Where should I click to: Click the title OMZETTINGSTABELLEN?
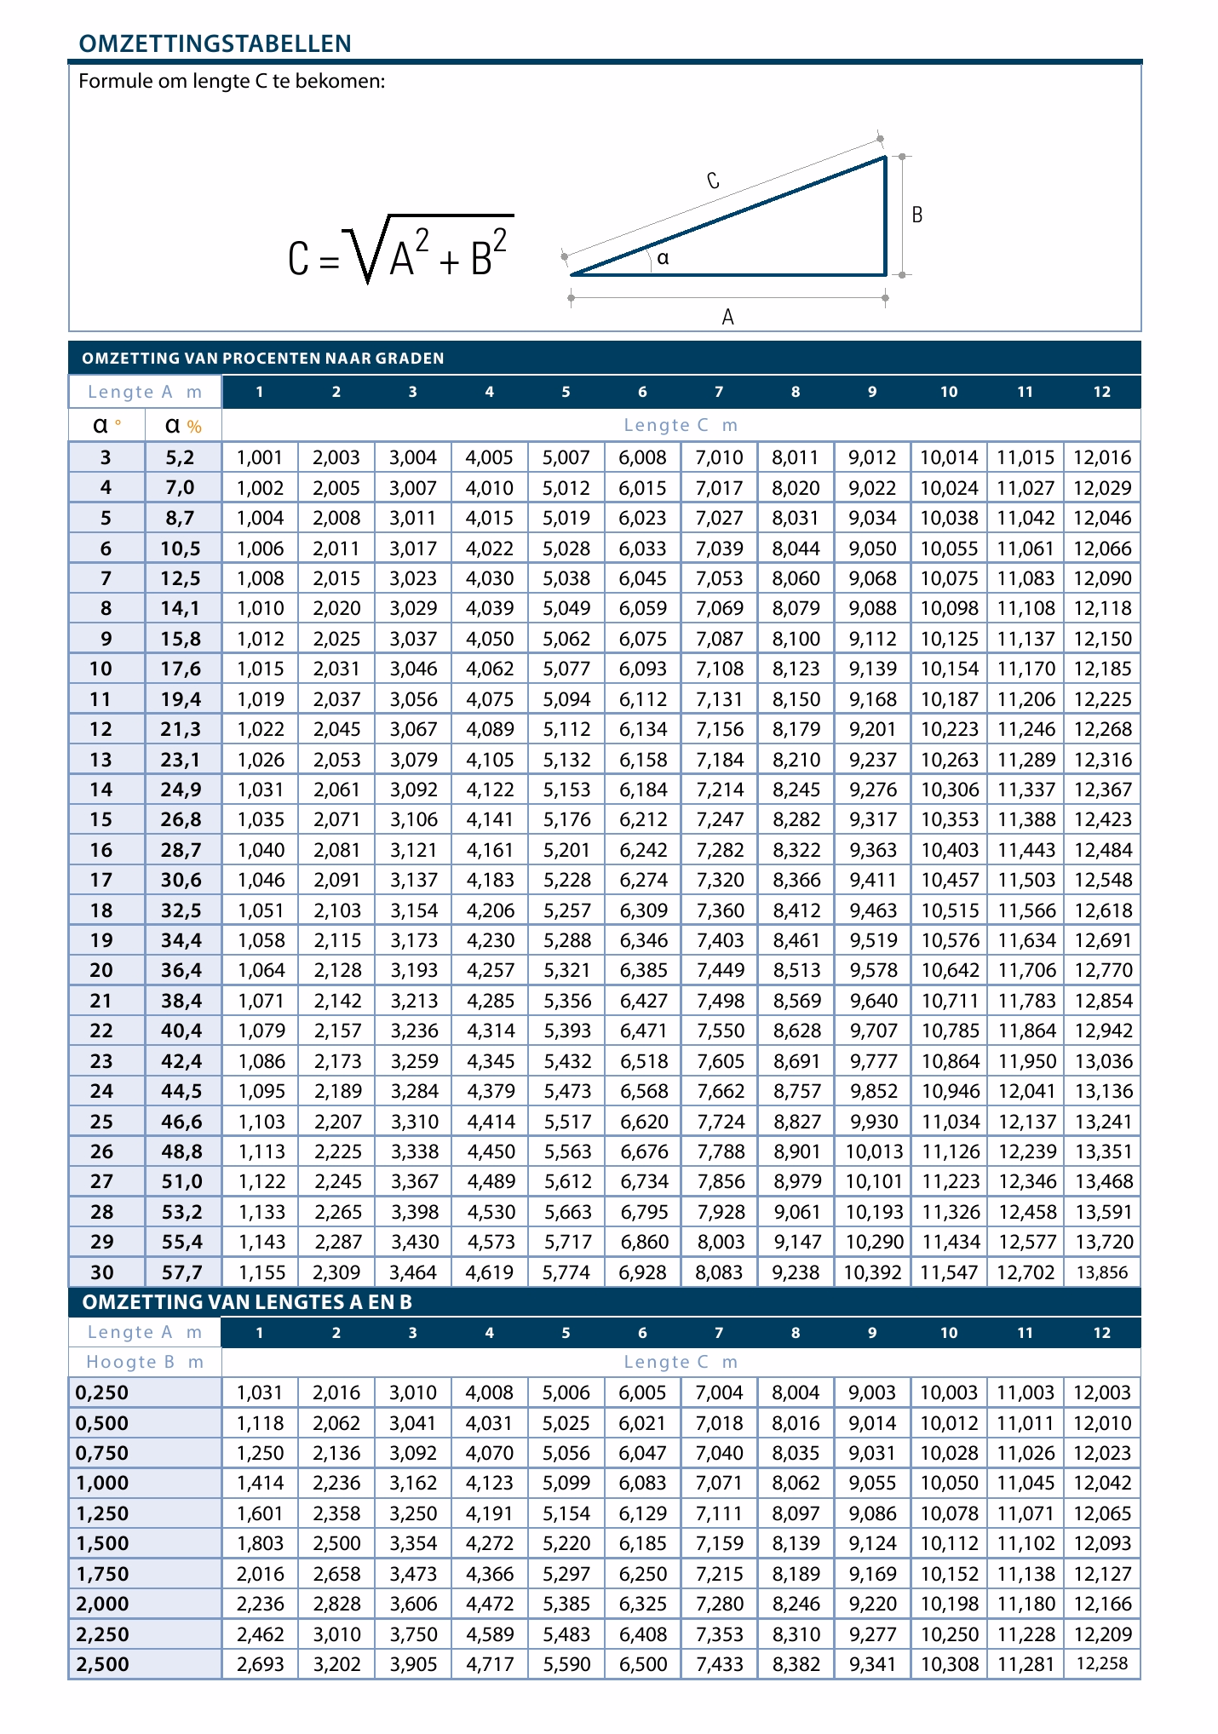[x=215, y=43]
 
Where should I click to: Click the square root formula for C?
[x=400, y=250]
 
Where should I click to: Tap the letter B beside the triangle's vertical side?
[x=917, y=215]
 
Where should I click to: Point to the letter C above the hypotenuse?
[x=713, y=181]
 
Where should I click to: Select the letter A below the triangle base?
[x=727, y=318]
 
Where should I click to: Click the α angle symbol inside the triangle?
[x=663, y=258]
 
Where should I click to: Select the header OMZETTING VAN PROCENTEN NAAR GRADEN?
[x=263, y=359]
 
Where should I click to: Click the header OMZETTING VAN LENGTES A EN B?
[x=247, y=1302]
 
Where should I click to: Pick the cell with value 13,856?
[x=1102, y=1272]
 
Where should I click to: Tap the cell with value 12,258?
[x=1102, y=1663]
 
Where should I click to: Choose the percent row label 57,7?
[x=182, y=1272]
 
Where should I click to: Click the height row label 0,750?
[x=102, y=1453]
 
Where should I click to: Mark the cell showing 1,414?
[x=260, y=1483]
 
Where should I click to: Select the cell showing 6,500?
[x=643, y=1663]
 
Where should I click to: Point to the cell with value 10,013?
[x=873, y=1151]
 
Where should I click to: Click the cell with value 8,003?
[x=720, y=1242]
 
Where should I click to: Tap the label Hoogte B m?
[x=145, y=1362]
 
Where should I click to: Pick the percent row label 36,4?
[x=182, y=970]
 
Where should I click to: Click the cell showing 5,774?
[x=566, y=1272]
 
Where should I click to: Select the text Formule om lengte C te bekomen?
[x=232, y=82]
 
